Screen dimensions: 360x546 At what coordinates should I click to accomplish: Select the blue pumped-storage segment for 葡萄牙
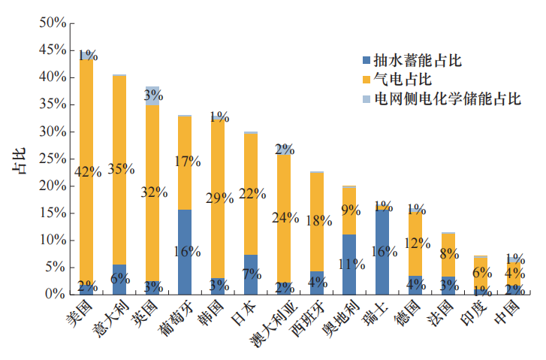tap(185, 252)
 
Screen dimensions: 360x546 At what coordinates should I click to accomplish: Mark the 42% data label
tap(88, 171)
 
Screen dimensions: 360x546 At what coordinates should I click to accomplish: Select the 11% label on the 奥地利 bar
tap(351, 264)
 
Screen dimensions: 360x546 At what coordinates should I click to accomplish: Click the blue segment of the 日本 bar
tap(251, 274)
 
